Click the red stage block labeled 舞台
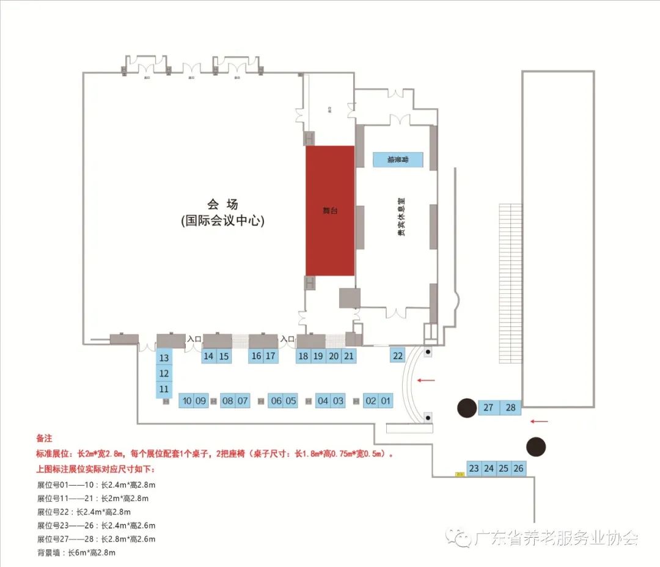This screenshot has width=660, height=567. click(x=330, y=210)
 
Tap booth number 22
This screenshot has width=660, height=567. click(x=398, y=355)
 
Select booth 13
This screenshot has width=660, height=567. click(x=164, y=358)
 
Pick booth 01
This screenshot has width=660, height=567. click(x=386, y=401)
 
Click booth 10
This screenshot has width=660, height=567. click(x=186, y=401)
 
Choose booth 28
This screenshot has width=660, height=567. click(x=511, y=408)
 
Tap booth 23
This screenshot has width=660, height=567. click(x=474, y=469)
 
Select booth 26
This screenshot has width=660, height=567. click(x=518, y=469)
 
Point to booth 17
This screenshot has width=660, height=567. click(x=271, y=356)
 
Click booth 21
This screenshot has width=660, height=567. click(x=348, y=356)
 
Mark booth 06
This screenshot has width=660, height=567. click(x=276, y=401)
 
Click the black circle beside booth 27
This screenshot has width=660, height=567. click(x=468, y=407)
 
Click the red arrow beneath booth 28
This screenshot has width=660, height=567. click(x=539, y=420)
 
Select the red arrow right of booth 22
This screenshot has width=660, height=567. click(x=426, y=381)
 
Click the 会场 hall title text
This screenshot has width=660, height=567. click(x=222, y=205)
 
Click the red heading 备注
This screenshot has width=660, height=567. click(x=45, y=439)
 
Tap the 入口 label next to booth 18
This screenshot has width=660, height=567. click(x=287, y=338)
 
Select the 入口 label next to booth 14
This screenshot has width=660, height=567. click(x=194, y=338)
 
